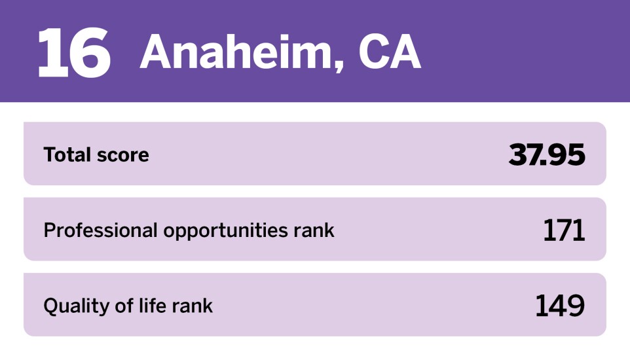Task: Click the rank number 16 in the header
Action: [73, 53]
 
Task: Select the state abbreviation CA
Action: [389, 52]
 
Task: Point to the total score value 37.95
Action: [546, 154]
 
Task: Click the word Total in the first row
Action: [66, 154]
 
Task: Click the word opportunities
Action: [226, 231]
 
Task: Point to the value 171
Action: [563, 230]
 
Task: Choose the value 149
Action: [560, 306]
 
